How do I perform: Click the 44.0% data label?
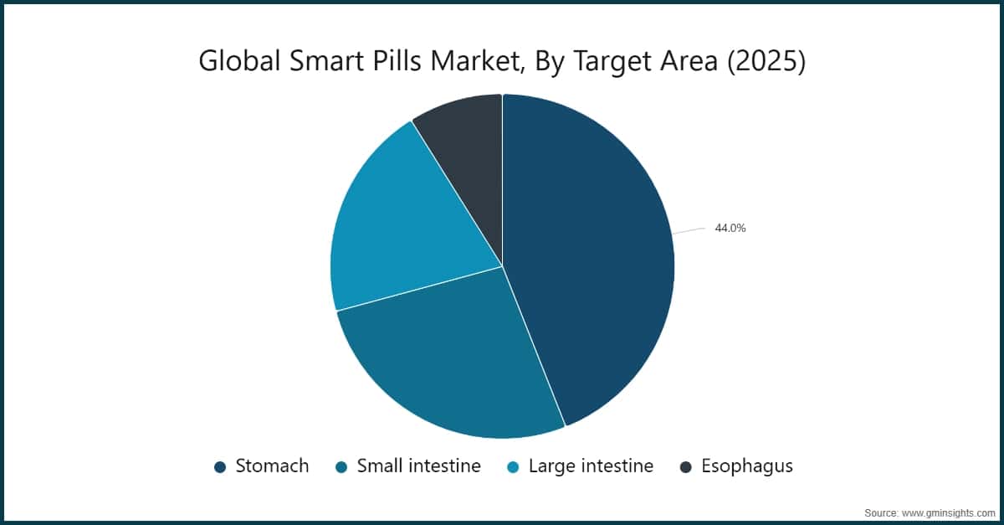730,228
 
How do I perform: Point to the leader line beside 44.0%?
689,231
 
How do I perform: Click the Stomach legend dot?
220,467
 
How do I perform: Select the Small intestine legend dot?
341,467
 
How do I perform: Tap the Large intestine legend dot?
513,467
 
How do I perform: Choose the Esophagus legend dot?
686,467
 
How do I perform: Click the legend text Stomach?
272,466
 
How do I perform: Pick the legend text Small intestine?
418,466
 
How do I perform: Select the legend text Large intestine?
591,466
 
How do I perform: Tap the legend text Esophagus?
747,466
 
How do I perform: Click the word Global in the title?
234,62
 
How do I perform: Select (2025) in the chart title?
767,62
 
